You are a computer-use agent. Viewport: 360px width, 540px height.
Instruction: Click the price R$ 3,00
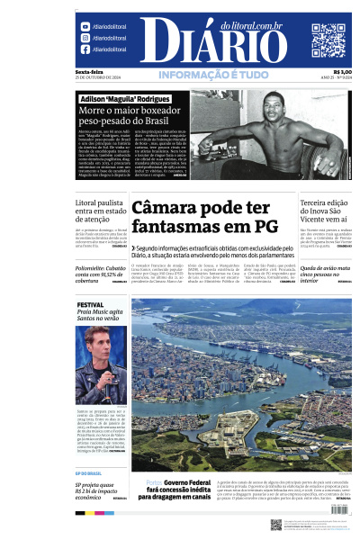coord(342,72)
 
